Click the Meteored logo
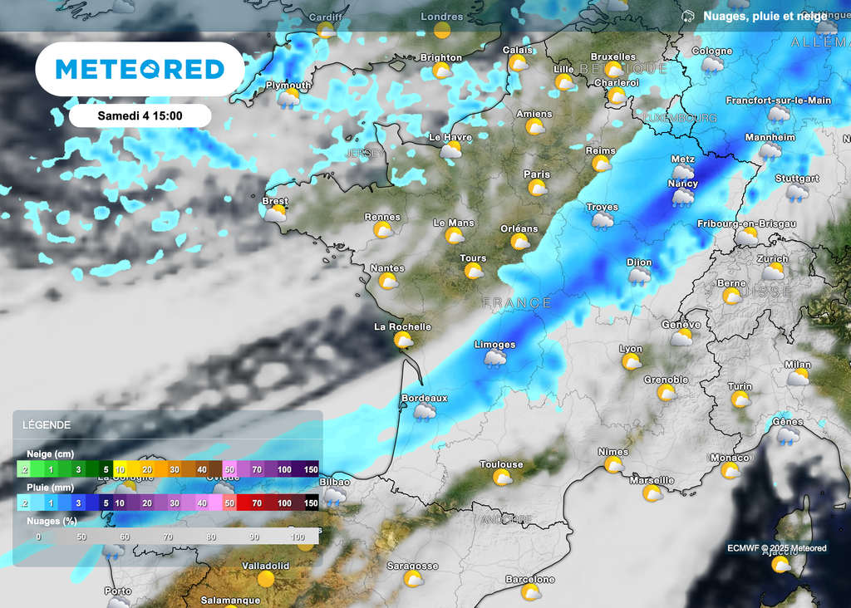(x=140, y=69)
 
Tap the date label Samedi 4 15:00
(x=140, y=115)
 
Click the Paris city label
(x=537, y=174)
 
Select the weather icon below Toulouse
(x=502, y=478)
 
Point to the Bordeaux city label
(x=424, y=399)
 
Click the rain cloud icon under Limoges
(x=495, y=358)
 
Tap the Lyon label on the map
(x=631, y=349)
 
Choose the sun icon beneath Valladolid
(x=266, y=579)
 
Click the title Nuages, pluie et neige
(x=765, y=16)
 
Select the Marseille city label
(x=652, y=480)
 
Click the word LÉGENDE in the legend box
(x=47, y=425)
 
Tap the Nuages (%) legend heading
(x=49, y=521)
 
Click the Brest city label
(x=275, y=201)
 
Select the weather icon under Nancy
(x=683, y=198)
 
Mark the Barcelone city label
(x=530, y=579)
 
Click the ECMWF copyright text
(x=776, y=548)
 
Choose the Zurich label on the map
(x=773, y=258)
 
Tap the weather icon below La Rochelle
(x=404, y=340)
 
